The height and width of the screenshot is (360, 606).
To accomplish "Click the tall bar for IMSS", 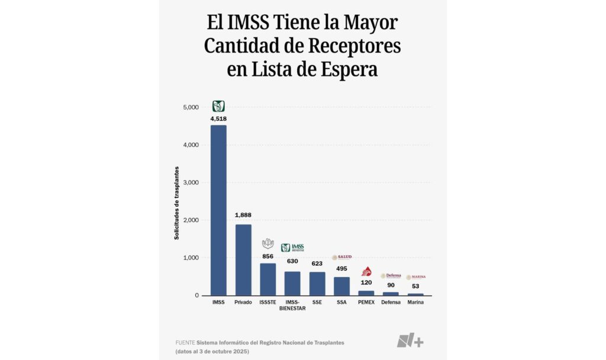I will coord(218,210).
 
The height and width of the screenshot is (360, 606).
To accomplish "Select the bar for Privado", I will coord(243,260).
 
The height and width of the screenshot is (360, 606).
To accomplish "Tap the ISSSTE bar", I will coord(267,279).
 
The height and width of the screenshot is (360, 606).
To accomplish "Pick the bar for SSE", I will coord(317,284).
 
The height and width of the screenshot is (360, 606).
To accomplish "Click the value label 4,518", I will coord(218,118).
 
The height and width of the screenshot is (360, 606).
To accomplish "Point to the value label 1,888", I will coord(243,215).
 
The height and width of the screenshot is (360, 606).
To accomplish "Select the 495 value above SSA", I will coord(341,268).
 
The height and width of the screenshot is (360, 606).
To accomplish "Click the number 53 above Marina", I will coord(415,286).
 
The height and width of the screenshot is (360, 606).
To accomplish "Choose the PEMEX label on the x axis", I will coord(366,303).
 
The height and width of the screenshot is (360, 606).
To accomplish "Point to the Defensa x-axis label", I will coord(391,303).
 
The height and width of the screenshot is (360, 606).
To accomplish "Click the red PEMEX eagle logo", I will coord(366,272).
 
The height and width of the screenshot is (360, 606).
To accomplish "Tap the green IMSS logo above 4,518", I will coord(218,107).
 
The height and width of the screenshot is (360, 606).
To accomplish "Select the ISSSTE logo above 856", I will coord(267,243).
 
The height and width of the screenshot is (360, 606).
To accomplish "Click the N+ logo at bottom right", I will coord(410,341).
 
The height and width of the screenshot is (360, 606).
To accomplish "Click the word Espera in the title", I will coord(346,69).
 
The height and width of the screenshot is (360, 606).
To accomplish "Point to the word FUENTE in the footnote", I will coord(185,343).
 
